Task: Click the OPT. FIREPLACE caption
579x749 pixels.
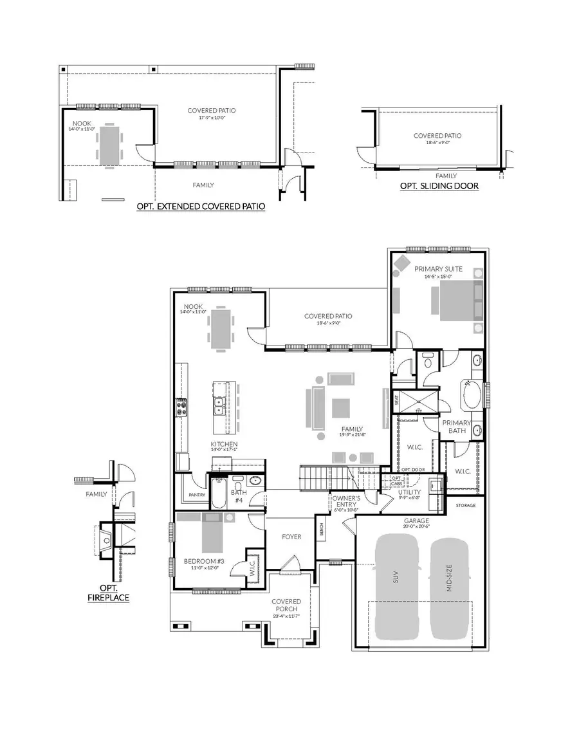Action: [x=108, y=593]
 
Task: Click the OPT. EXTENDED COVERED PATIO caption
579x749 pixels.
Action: [x=201, y=207]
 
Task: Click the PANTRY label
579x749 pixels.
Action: [x=197, y=495]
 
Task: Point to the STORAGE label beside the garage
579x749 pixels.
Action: [x=466, y=505]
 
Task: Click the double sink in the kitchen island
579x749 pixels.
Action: [x=219, y=405]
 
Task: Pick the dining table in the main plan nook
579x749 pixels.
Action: [x=220, y=329]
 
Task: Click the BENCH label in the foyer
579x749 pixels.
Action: [x=321, y=528]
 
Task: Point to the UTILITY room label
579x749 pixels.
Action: [x=409, y=492]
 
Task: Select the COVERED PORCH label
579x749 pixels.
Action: [x=286, y=606]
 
